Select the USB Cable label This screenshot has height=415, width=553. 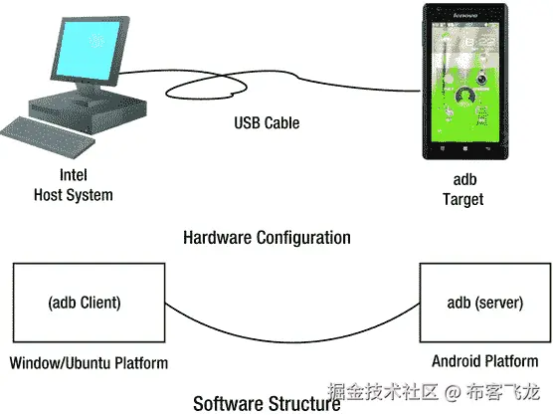(x=267, y=123)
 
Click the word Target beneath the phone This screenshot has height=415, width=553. (x=462, y=199)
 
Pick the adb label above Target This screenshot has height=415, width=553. (x=462, y=180)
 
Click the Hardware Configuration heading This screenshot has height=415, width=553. (x=267, y=238)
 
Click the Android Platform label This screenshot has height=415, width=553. (x=485, y=361)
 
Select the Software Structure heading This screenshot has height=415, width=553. (x=266, y=403)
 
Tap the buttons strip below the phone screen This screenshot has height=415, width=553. (x=463, y=148)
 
